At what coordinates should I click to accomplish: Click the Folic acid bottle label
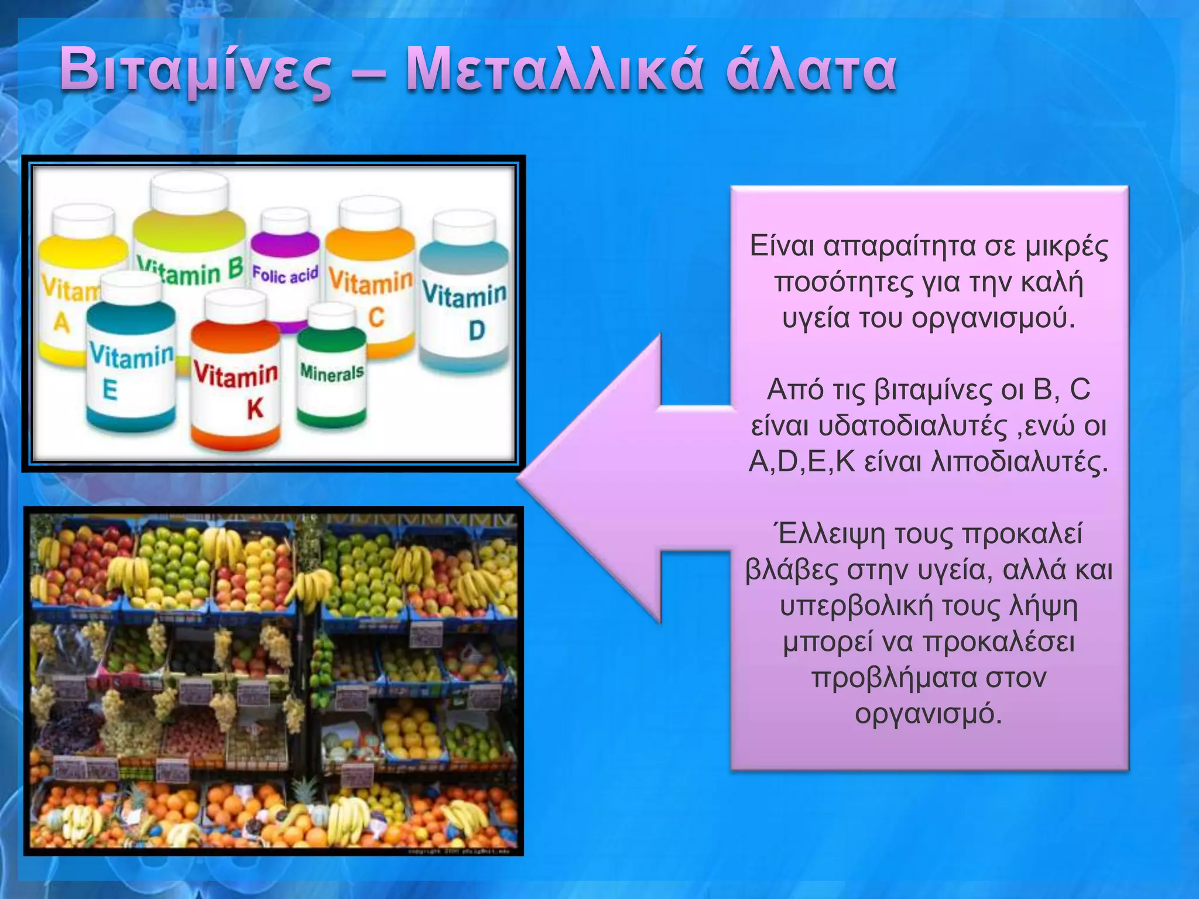point(285,274)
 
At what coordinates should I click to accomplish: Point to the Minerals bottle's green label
point(331,372)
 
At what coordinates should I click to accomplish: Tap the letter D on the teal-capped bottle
point(477,331)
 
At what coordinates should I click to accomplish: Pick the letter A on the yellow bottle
point(61,322)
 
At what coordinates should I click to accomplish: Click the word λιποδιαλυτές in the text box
point(1019,462)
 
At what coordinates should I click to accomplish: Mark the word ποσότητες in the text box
point(838,283)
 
